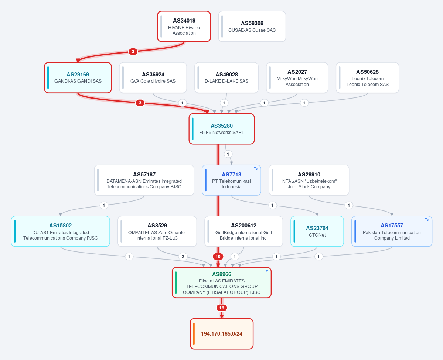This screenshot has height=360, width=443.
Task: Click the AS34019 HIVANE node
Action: (184, 27)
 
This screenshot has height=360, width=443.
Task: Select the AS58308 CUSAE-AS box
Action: (252, 27)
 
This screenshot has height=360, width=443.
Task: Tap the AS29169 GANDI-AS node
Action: (78, 78)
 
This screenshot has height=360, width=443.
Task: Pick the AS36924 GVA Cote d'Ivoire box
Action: (153, 78)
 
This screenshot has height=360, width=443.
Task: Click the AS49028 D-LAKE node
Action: (226, 78)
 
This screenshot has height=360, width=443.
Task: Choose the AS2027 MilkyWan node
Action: (297, 78)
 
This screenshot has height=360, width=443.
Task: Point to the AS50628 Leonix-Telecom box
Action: (367, 78)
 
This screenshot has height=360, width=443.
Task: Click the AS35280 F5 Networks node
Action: (222, 129)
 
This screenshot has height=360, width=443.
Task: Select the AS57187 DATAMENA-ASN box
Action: (144, 180)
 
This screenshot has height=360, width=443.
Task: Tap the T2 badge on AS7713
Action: (256, 169)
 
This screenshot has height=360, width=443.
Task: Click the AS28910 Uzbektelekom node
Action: (309, 180)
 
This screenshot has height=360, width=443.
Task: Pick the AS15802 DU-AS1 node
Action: (61, 232)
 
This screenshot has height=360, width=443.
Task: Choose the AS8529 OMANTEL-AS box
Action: (157, 232)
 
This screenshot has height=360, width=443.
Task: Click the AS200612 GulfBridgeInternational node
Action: (243, 232)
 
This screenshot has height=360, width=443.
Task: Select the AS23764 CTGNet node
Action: (317, 232)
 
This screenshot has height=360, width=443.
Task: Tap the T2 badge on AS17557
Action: (427, 220)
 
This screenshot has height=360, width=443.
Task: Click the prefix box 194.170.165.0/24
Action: (222, 334)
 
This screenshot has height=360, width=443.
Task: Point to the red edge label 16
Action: (222, 308)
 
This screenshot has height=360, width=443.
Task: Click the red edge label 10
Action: (218, 257)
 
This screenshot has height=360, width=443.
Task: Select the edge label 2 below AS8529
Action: (183, 257)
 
